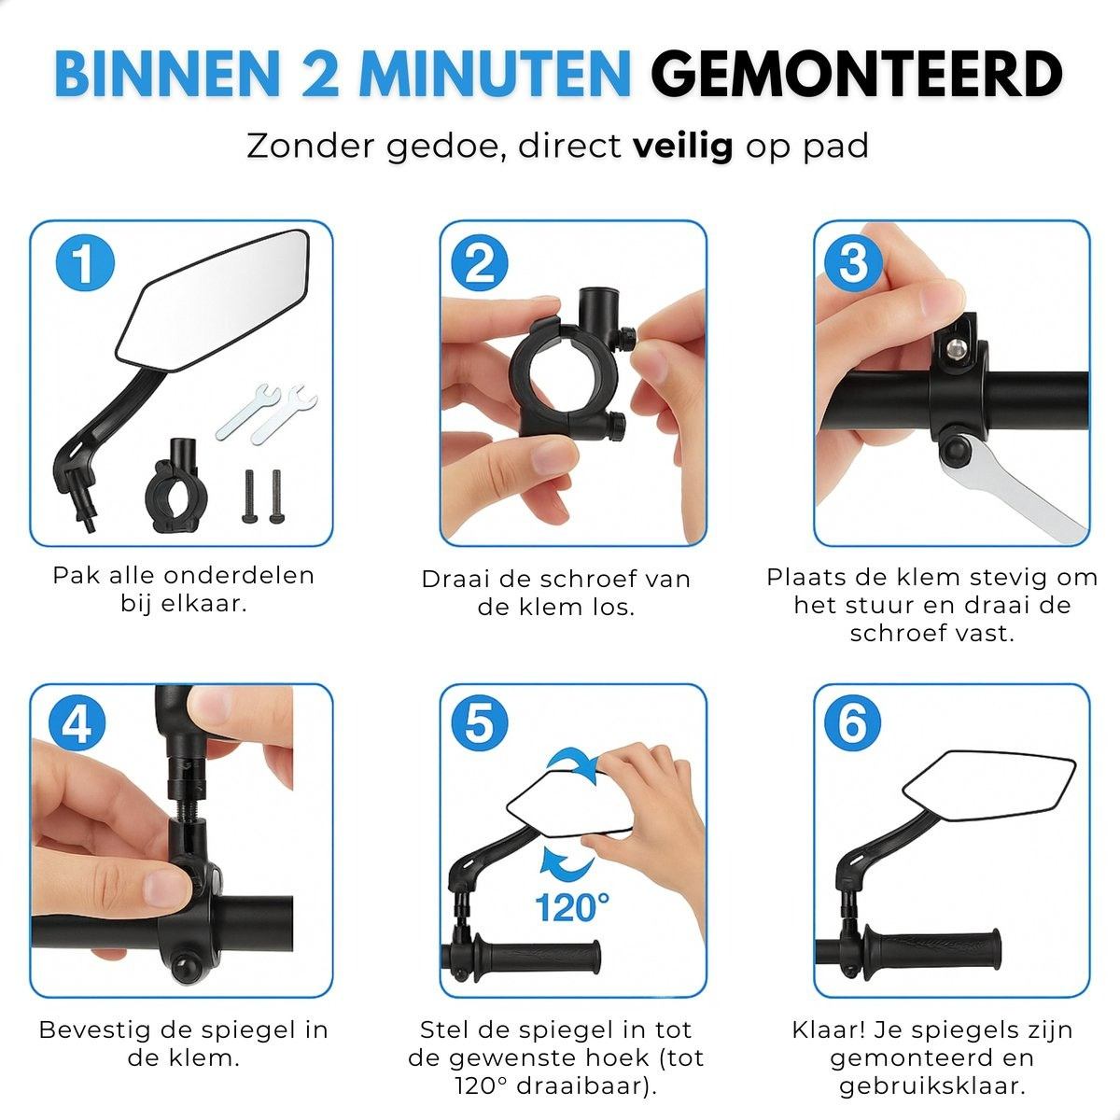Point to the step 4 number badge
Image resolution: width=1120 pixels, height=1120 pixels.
tap(77, 723)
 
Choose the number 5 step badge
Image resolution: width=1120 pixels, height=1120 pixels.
tap(480, 723)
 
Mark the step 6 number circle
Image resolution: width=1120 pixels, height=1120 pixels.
tap(853, 723)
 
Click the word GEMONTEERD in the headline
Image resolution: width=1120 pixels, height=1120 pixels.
tap(857, 75)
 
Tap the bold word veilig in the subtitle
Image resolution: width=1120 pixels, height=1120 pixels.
tap(683, 147)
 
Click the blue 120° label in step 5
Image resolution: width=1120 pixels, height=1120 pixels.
tap(572, 906)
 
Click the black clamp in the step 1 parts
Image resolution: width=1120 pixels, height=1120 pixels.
tap(176, 484)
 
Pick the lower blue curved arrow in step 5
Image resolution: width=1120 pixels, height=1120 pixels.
tap(567, 863)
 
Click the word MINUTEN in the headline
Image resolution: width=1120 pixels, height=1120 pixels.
tap(495, 75)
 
